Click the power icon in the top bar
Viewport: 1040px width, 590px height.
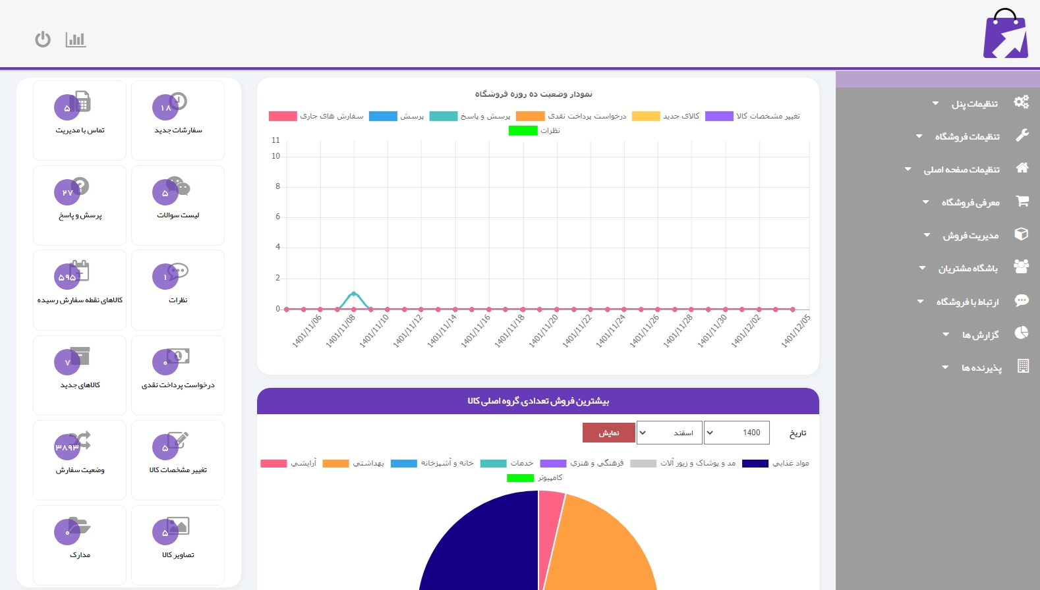43,40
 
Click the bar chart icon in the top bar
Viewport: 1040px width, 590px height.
76,40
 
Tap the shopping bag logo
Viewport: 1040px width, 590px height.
1006,34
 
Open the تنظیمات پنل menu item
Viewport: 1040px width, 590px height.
974,104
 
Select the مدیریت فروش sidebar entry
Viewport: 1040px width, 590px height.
970,235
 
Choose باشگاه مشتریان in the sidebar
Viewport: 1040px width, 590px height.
968,268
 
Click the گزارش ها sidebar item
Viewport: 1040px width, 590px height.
980,335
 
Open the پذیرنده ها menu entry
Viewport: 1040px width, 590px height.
981,367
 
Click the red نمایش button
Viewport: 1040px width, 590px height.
608,433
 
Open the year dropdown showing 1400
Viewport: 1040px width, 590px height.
736,433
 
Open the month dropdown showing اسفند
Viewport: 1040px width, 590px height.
669,433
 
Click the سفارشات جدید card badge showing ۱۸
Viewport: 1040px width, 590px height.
165,107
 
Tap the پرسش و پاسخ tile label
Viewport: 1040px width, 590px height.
80,215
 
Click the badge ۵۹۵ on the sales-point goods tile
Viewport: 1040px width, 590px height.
67,277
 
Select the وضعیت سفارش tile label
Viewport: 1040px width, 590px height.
80,470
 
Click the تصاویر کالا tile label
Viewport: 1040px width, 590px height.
178,555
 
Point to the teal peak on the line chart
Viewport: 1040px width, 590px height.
354,293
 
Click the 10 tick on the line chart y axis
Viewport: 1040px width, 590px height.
275,156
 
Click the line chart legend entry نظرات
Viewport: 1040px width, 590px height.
534,130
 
